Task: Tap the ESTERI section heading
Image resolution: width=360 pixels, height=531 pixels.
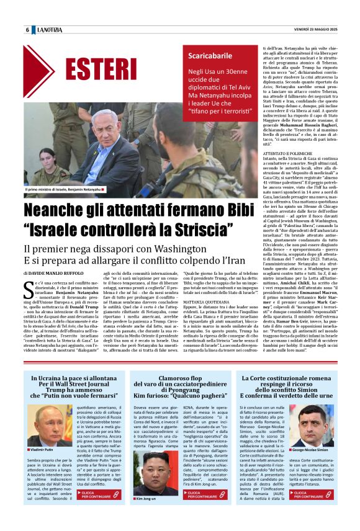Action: (94, 68)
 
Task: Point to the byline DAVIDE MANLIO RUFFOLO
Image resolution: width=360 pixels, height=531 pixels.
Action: (60, 272)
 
